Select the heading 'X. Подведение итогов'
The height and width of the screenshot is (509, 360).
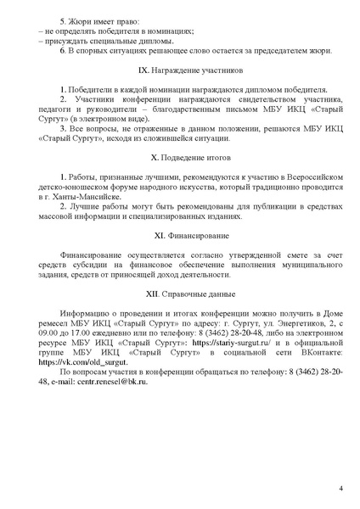point(179,159)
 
